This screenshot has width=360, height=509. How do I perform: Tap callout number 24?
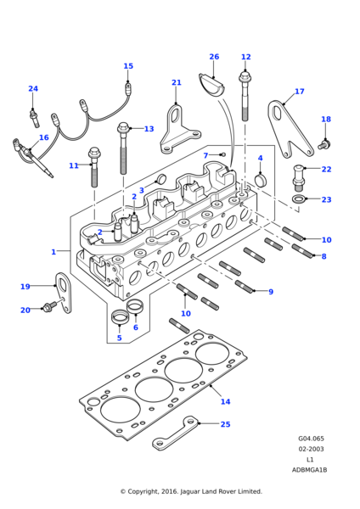click(x=33, y=89)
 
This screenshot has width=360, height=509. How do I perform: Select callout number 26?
click(x=214, y=57)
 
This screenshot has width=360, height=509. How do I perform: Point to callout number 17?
click(x=299, y=92)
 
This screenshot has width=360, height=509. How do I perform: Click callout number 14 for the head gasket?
click(x=225, y=402)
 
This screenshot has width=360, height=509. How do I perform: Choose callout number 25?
click(x=225, y=424)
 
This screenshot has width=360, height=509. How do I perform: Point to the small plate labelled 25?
click(x=174, y=432)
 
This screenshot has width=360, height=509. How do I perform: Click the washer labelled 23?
click(x=300, y=199)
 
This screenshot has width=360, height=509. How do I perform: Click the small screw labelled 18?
click(x=323, y=144)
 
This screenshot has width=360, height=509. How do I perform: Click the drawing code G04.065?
click(x=310, y=439)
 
